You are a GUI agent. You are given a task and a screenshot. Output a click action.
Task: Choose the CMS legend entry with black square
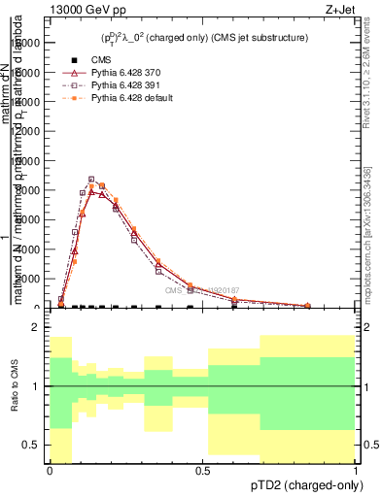coord(97,60)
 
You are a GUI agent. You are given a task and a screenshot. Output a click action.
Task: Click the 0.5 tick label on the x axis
coord(202,472)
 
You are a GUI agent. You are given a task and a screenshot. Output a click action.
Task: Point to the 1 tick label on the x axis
coord(355,472)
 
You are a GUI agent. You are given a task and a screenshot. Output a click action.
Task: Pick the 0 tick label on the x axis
coord(50,472)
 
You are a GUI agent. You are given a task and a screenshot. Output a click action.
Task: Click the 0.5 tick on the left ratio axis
coord(33,445)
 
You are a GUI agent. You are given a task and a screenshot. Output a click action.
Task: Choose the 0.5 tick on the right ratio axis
coord(368,445)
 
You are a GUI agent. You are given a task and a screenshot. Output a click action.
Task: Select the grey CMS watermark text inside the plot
coord(201,290)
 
